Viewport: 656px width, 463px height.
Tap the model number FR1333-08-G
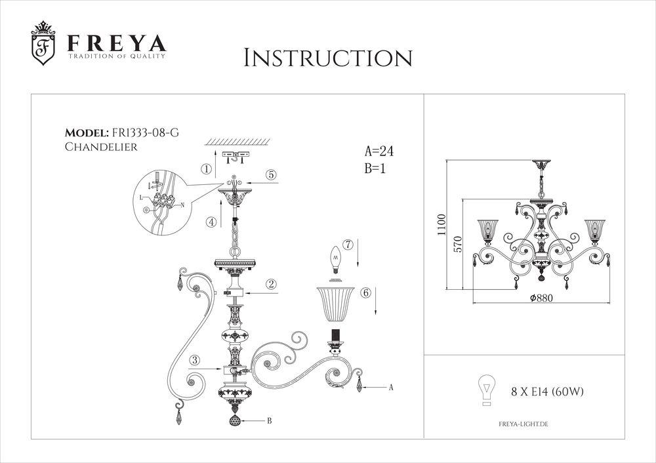145,133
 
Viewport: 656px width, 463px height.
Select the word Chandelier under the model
101,148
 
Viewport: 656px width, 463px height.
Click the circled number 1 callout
207,169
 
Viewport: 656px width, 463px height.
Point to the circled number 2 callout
270,284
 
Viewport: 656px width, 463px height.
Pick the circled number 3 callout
194,359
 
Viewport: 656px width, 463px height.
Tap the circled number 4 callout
211,222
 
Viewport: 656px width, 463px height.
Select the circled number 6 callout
366,292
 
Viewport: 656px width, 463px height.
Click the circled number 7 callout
348,245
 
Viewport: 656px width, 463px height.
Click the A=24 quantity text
379,151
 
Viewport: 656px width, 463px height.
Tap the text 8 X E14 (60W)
548,392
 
